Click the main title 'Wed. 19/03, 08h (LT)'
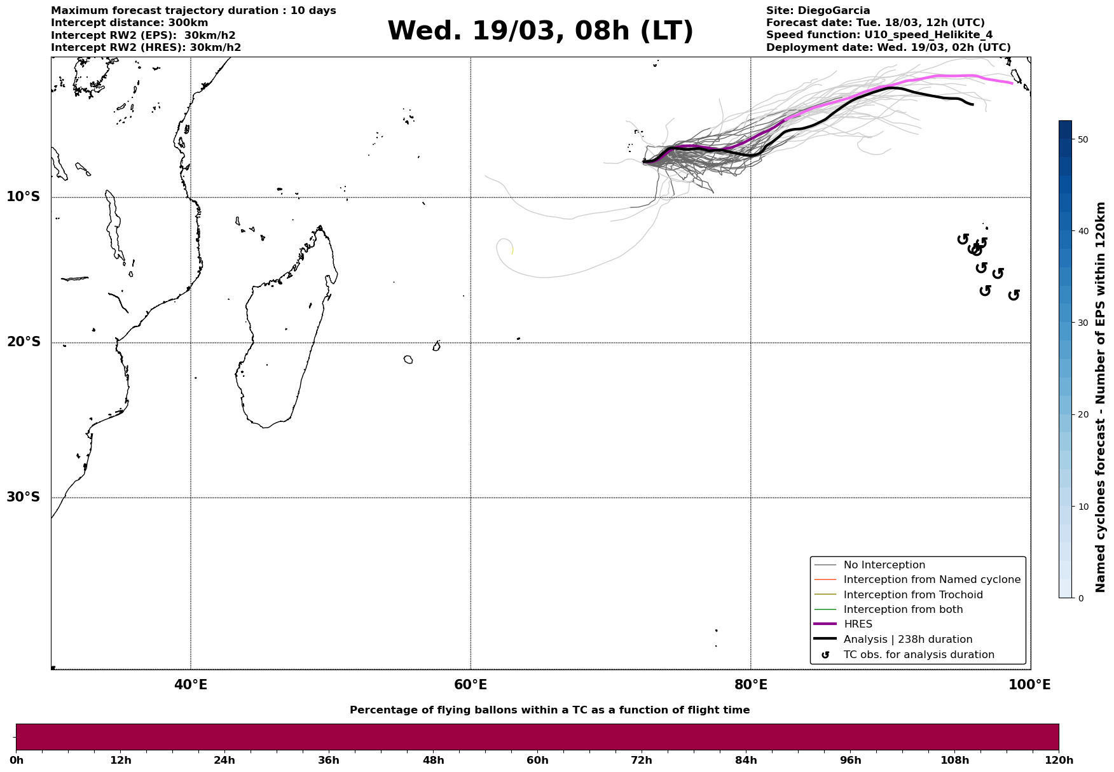[540, 31]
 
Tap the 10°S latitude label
[24, 197]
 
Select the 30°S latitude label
[24, 497]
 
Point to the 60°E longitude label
[471, 685]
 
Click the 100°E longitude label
[1029, 685]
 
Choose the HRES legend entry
[858, 624]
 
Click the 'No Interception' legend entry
[884, 565]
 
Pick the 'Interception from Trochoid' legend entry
[912, 595]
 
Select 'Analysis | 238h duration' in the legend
[907, 640]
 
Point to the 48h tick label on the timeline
[433, 761]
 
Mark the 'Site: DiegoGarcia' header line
[818, 11]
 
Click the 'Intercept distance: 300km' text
[121, 23]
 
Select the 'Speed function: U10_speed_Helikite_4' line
[879, 35]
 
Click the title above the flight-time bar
[549, 710]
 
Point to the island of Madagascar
[280, 344]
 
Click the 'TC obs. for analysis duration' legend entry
[918, 655]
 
